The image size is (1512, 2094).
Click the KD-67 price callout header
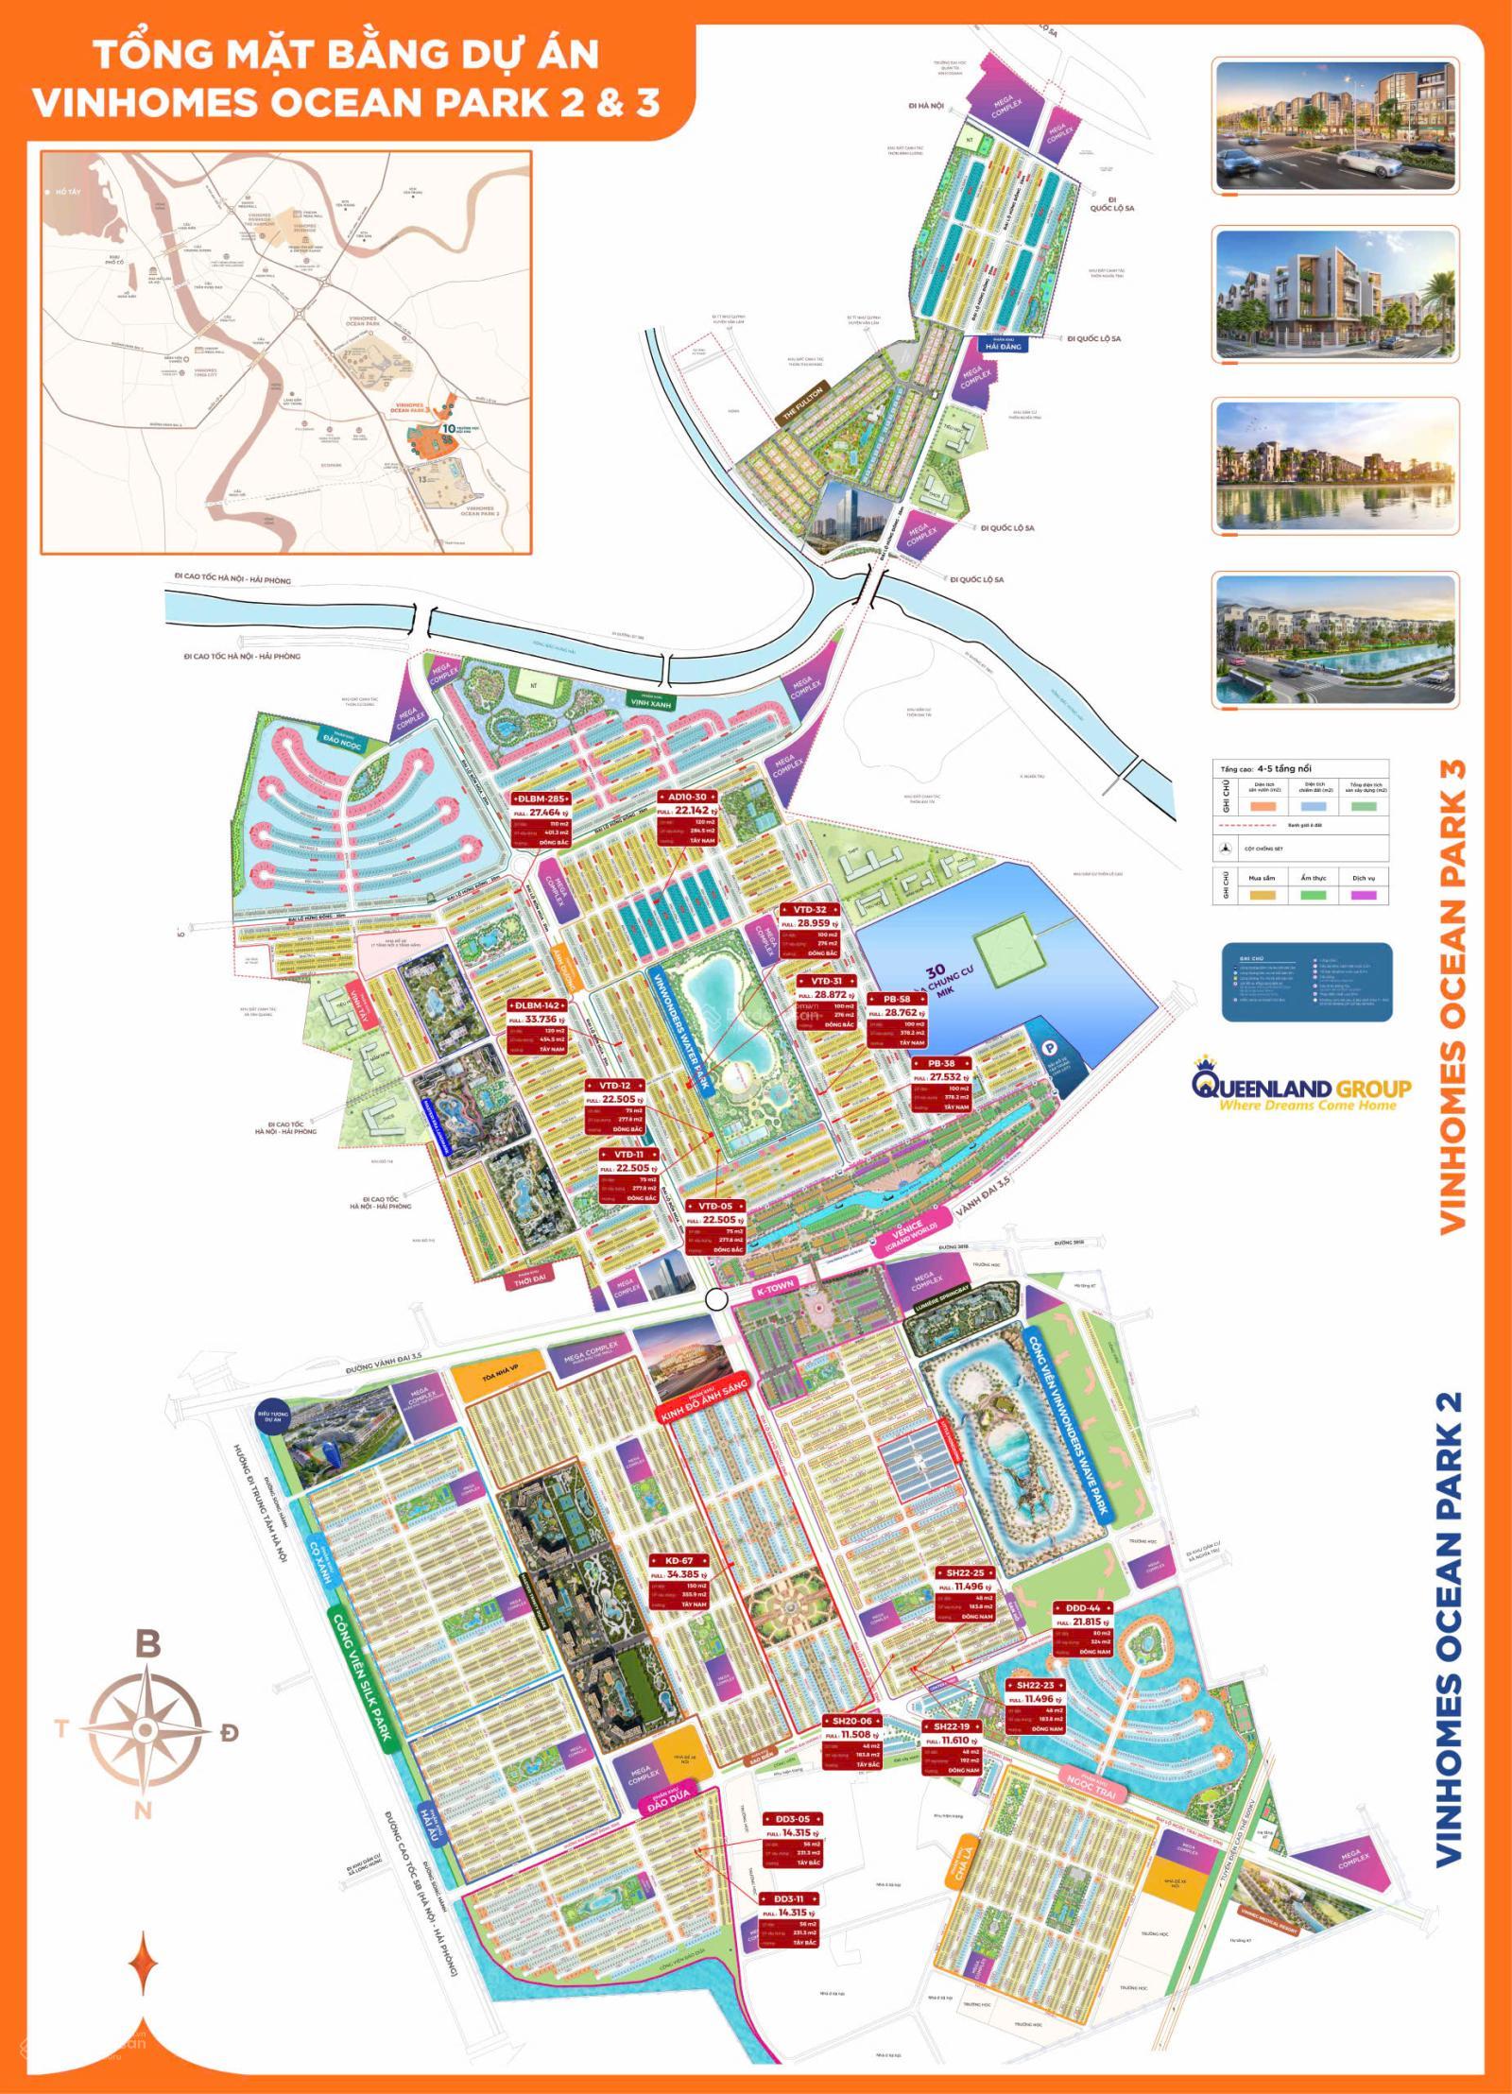679,1560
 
